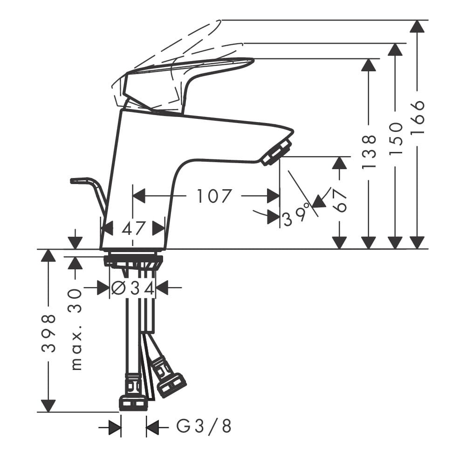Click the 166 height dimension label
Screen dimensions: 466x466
[x=418, y=117]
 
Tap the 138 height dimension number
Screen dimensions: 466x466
[x=369, y=152]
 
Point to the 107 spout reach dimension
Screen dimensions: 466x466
[x=214, y=196]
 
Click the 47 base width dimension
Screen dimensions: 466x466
[x=133, y=228]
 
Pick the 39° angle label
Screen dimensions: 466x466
[x=295, y=217]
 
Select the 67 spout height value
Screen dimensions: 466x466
[x=339, y=200]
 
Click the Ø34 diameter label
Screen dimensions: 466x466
[x=133, y=288]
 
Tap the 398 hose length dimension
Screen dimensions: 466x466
[x=48, y=333]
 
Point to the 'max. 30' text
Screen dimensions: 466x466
[x=76, y=329]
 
